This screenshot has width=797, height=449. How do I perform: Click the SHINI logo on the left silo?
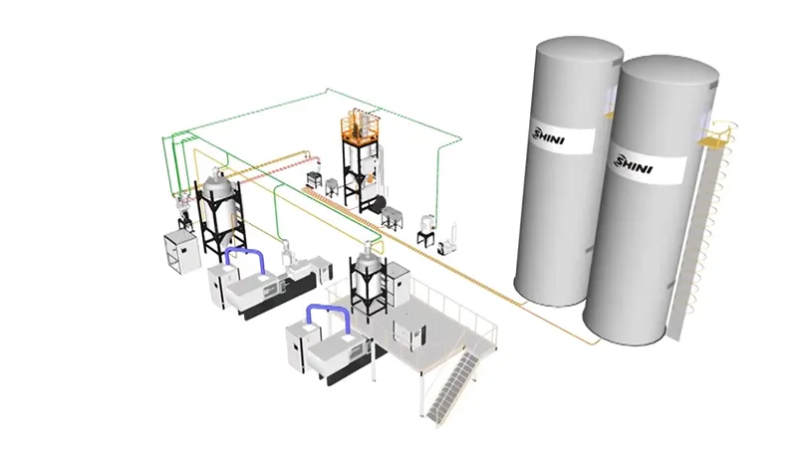pos(548,135)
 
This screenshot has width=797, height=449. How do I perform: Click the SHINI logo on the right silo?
pos(634,164)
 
